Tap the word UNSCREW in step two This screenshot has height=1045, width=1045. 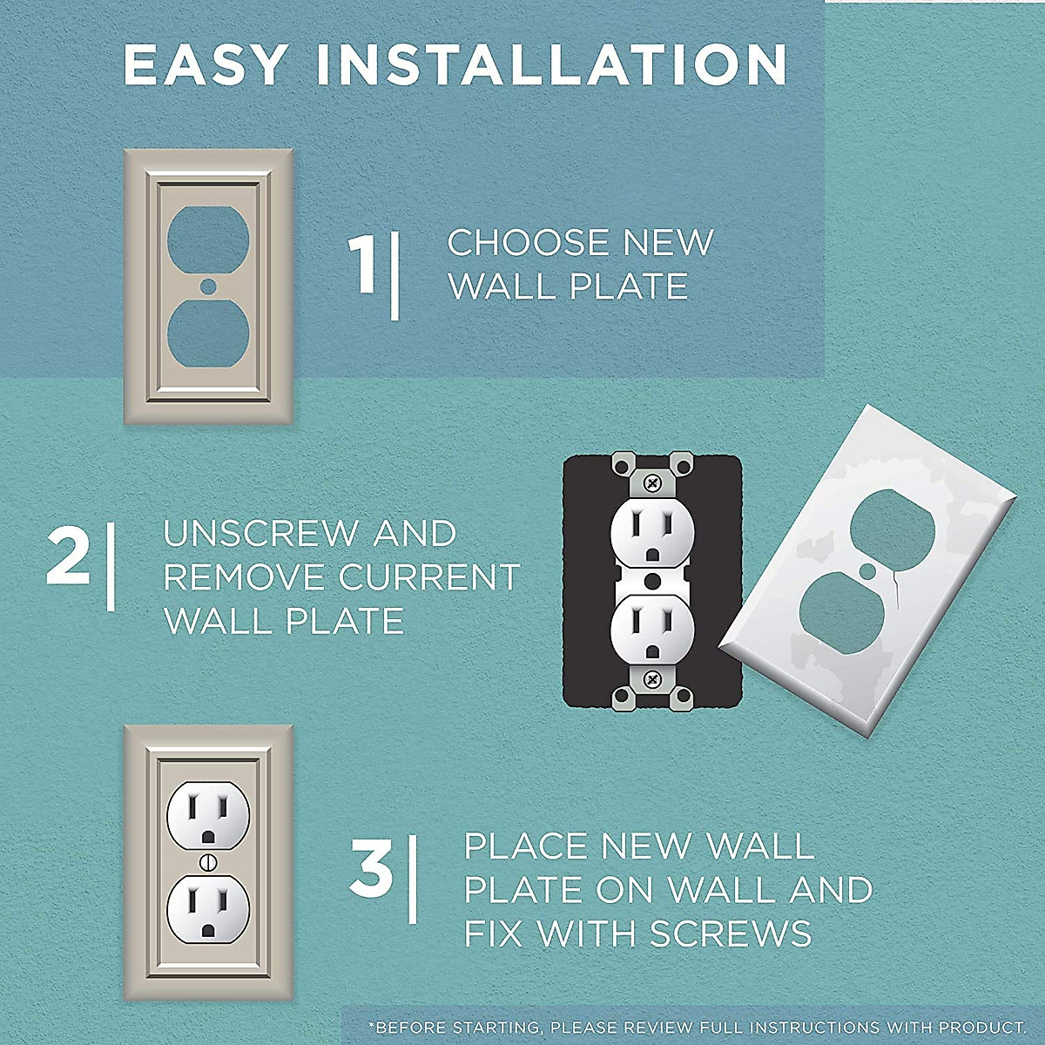pos(261,534)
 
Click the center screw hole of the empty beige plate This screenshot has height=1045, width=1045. pos(207,286)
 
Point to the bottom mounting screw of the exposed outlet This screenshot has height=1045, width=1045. pos(651,677)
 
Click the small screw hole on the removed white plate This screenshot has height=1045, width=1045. pos(868,571)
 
